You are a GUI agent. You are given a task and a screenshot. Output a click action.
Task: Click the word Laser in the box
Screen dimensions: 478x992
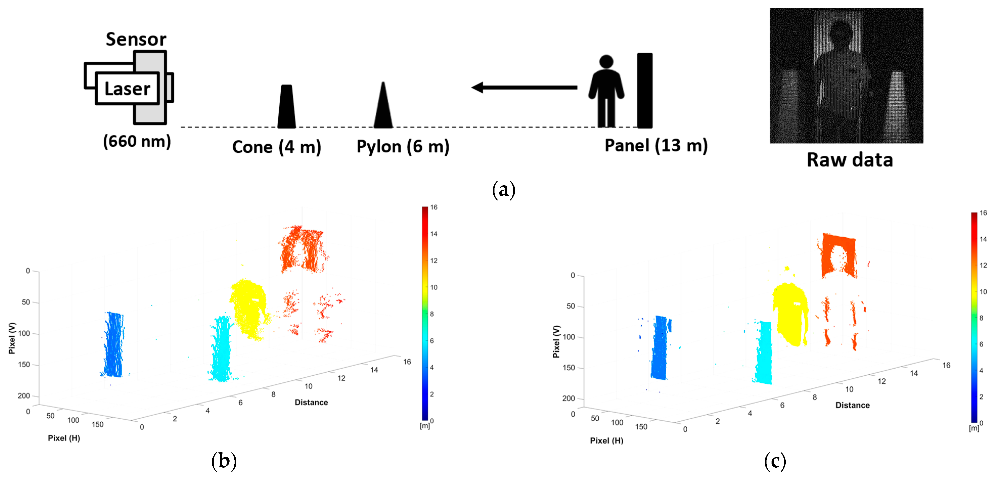[127, 89]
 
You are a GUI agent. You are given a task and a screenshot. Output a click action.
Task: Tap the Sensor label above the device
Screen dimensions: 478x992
[136, 39]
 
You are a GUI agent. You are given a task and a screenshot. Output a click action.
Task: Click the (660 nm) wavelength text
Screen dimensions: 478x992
[137, 141]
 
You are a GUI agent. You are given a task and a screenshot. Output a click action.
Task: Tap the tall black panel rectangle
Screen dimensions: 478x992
[645, 90]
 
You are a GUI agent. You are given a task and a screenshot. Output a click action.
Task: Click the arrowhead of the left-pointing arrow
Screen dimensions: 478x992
[478, 87]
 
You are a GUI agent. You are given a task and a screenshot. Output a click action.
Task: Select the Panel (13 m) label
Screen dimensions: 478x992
[656, 146]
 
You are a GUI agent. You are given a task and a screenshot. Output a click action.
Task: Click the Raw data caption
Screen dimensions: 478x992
[849, 160]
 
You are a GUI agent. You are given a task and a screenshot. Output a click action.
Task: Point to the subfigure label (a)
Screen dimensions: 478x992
[503, 190]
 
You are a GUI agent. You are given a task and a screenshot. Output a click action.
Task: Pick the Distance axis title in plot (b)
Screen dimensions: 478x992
[311, 402]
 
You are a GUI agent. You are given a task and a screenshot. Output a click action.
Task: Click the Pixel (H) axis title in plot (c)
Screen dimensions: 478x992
[606, 441]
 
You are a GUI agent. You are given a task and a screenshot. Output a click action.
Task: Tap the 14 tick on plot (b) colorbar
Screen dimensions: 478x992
[434, 234]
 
